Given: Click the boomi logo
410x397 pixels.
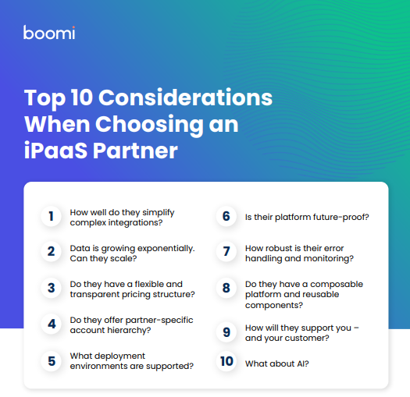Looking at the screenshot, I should (x=49, y=33).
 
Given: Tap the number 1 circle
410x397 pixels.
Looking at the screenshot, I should (x=51, y=217).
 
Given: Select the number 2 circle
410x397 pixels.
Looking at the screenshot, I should (x=51, y=252).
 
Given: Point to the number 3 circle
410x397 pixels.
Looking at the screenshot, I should (x=51, y=288).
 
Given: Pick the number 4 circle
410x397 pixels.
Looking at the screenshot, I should (x=51, y=324).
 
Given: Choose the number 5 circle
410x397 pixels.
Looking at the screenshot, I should (x=51, y=361).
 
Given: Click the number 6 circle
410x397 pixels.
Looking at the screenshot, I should (x=226, y=216).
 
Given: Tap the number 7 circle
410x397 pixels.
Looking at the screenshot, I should (x=226, y=252).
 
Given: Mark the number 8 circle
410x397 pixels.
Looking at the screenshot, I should (x=226, y=288).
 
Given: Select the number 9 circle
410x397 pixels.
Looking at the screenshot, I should (x=226, y=332).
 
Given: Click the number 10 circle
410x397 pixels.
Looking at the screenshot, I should (x=226, y=362).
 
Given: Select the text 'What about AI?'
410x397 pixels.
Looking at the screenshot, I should (x=276, y=363).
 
